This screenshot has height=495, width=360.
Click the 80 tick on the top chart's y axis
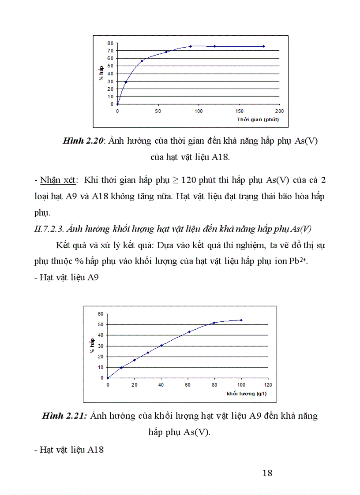click(x=110, y=43)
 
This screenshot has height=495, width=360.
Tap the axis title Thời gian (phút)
click(x=258, y=119)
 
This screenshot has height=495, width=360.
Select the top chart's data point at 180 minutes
click(x=263, y=46)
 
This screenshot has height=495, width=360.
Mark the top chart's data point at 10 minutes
click(x=126, y=82)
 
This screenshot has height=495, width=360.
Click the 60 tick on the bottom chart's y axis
click(x=100, y=314)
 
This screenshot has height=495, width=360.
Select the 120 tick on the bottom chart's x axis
click(x=268, y=385)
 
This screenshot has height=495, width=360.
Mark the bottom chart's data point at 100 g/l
click(x=241, y=320)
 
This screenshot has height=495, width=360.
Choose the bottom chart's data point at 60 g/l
click(x=189, y=332)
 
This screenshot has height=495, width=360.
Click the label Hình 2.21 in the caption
click(x=64, y=416)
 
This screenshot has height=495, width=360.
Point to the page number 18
click(x=267, y=473)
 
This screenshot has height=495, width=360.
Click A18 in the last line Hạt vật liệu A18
click(x=95, y=450)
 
